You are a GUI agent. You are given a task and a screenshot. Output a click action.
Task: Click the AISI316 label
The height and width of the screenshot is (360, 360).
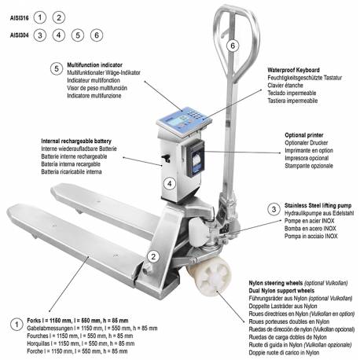point(18,17)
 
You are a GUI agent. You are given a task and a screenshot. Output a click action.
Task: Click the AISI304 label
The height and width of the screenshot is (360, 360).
point(18,35)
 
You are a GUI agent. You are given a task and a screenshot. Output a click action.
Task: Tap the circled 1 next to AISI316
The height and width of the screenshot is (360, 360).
point(41,17)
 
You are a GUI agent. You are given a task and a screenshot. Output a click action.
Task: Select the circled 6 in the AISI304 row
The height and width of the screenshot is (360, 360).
point(96,35)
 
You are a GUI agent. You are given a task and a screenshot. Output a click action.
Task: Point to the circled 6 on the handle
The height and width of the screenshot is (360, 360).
point(232,46)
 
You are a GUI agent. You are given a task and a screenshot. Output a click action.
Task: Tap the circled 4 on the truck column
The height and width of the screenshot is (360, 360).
point(168,184)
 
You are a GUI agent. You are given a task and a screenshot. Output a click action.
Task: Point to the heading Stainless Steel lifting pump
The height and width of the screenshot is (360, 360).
point(319,203)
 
